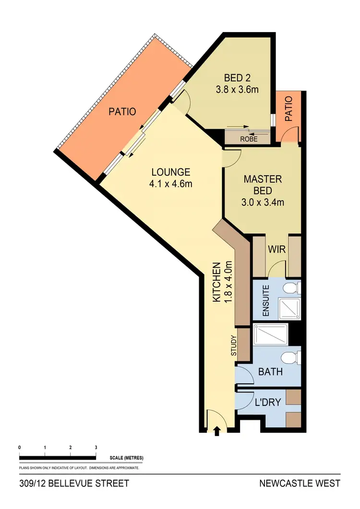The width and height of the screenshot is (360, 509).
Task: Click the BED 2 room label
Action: [x=238, y=78]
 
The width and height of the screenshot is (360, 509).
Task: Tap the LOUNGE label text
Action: [x=171, y=172]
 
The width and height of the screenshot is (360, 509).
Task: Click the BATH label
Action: [x=270, y=372]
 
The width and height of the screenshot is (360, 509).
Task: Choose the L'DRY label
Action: [x=267, y=403]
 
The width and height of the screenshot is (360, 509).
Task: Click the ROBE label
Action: [x=249, y=139]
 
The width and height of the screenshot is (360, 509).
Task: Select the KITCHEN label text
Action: [x=216, y=283]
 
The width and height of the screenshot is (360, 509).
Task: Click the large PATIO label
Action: [x=122, y=112]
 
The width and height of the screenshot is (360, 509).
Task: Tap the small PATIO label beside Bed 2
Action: [x=288, y=110]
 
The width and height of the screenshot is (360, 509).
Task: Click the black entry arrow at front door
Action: [x=216, y=432]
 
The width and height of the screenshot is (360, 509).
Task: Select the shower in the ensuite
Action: [x=287, y=307]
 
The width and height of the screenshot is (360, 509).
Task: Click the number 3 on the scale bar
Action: [x=96, y=447]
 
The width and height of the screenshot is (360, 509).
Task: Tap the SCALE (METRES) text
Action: [x=127, y=458]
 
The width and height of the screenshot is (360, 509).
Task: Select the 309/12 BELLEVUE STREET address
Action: [x=74, y=483]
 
